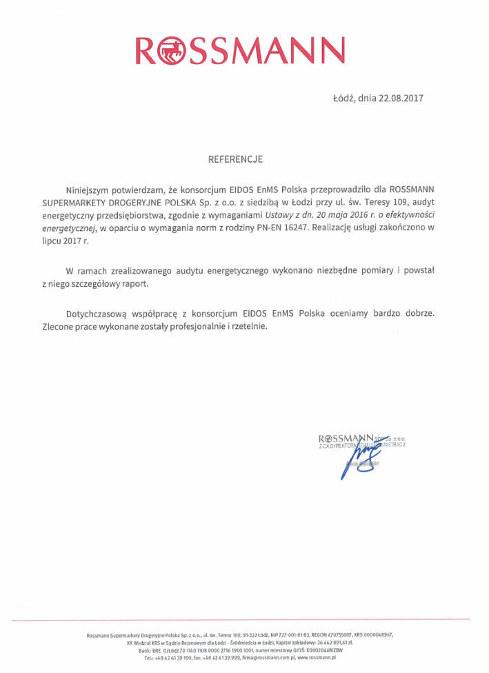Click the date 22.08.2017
click(x=401, y=98)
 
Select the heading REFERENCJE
click(x=236, y=159)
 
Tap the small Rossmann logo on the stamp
click(x=345, y=438)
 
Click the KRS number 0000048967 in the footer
click(x=379, y=634)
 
